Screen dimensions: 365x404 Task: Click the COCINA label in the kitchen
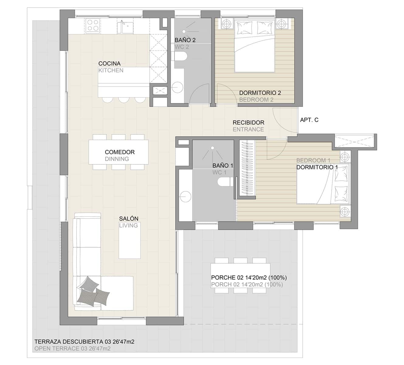[x=109, y=64]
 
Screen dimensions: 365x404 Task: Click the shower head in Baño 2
[x=184, y=31]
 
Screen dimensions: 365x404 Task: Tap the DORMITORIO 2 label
[x=260, y=93]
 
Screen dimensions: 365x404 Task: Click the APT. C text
[x=309, y=120]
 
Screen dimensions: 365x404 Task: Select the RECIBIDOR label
[x=248, y=123]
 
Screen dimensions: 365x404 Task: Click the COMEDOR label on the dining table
[x=119, y=152]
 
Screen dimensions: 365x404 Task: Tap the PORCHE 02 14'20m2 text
[x=249, y=277]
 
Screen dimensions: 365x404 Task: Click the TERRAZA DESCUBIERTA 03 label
[x=84, y=342]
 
